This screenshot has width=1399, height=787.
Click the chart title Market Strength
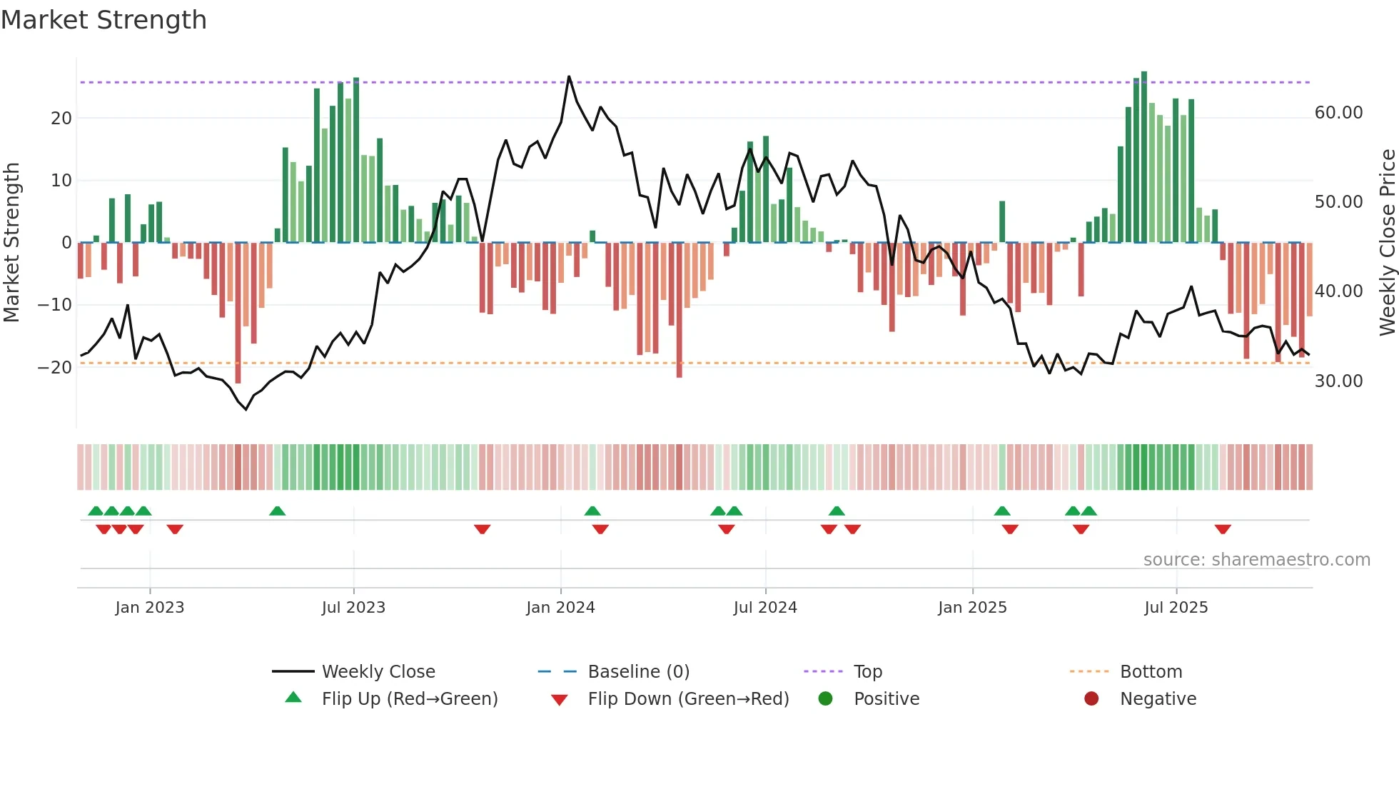click(x=103, y=20)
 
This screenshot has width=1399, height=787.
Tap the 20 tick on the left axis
click(x=61, y=119)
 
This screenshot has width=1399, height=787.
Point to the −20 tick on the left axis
click(x=55, y=368)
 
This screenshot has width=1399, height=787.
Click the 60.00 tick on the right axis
click(x=1338, y=113)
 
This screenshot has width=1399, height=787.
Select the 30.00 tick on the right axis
click(x=1338, y=381)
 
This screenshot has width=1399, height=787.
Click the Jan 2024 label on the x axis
click(x=560, y=608)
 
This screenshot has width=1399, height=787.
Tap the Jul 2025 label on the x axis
click(x=1176, y=608)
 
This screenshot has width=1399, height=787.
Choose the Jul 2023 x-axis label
click(x=353, y=608)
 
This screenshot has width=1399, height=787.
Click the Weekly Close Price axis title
click(x=1387, y=242)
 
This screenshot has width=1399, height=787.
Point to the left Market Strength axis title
click(x=12, y=242)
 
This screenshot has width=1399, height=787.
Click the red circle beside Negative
click(x=1091, y=699)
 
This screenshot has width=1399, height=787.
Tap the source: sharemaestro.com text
click(x=1256, y=560)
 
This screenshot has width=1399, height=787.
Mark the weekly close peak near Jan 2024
click(x=569, y=76)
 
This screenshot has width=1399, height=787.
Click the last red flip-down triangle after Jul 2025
click(x=1223, y=529)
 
